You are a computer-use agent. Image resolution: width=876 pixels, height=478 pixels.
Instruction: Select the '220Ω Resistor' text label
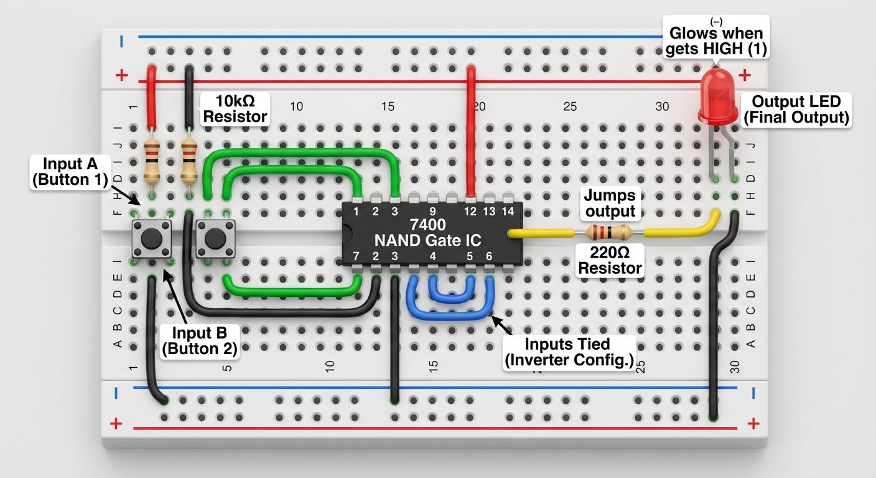[x=610, y=260]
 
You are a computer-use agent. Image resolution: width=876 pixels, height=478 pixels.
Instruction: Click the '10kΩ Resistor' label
[x=235, y=108]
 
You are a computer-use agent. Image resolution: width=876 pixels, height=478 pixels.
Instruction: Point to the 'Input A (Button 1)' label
[x=70, y=172]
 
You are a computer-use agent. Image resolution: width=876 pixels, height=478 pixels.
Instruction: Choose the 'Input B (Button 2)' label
[x=199, y=340]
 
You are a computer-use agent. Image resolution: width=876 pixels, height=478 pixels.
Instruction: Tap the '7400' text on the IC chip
[x=429, y=225]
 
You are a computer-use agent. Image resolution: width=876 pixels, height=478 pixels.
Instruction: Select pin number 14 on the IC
[x=508, y=212]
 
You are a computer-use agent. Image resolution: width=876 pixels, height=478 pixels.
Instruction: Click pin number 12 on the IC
[x=470, y=212]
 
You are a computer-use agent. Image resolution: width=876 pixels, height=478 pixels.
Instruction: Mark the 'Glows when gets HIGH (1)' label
[x=715, y=41]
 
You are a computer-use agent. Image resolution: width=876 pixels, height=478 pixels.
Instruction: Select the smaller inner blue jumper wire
[x=452, y=291]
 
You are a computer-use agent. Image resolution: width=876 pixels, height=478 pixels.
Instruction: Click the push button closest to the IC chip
[x=215, y=238]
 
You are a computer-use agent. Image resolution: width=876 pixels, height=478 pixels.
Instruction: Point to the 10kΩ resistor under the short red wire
[x=151, y=159]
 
